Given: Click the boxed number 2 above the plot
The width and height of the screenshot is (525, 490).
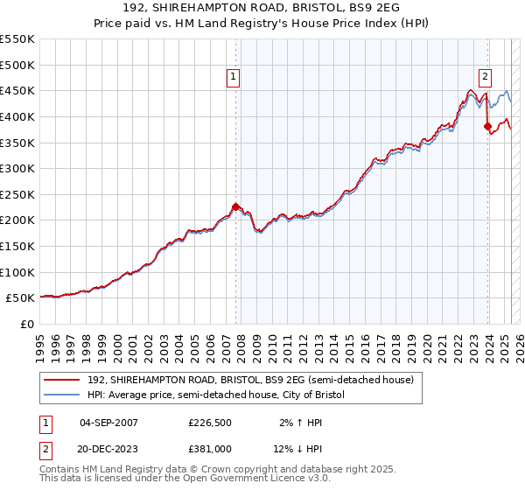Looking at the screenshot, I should (x=485, y=75).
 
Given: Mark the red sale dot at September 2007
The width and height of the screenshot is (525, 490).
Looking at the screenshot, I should (x=235, y=206).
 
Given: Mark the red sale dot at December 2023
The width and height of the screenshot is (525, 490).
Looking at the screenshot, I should (x=487, y=126).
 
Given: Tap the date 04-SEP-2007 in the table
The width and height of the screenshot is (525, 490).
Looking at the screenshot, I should (x=108, y=423).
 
